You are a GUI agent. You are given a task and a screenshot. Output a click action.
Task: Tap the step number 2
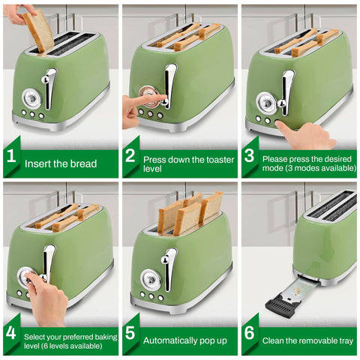tap(130, 157)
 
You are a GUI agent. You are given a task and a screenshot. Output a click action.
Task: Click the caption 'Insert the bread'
tap(61, 163)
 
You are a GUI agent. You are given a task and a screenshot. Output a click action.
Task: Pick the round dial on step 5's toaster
tap(150, 278)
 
